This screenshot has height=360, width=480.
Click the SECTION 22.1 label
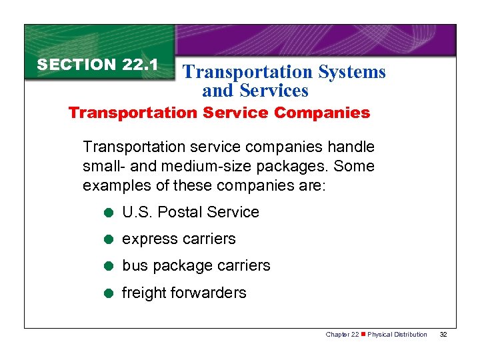tap(97, 65)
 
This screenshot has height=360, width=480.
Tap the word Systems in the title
tap(352, 72)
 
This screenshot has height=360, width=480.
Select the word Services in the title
tap(274, 90)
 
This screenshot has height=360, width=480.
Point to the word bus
tap(135, 266)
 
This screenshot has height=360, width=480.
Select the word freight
tap(144, 293)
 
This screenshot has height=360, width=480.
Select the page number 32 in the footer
tap(443, 334)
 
